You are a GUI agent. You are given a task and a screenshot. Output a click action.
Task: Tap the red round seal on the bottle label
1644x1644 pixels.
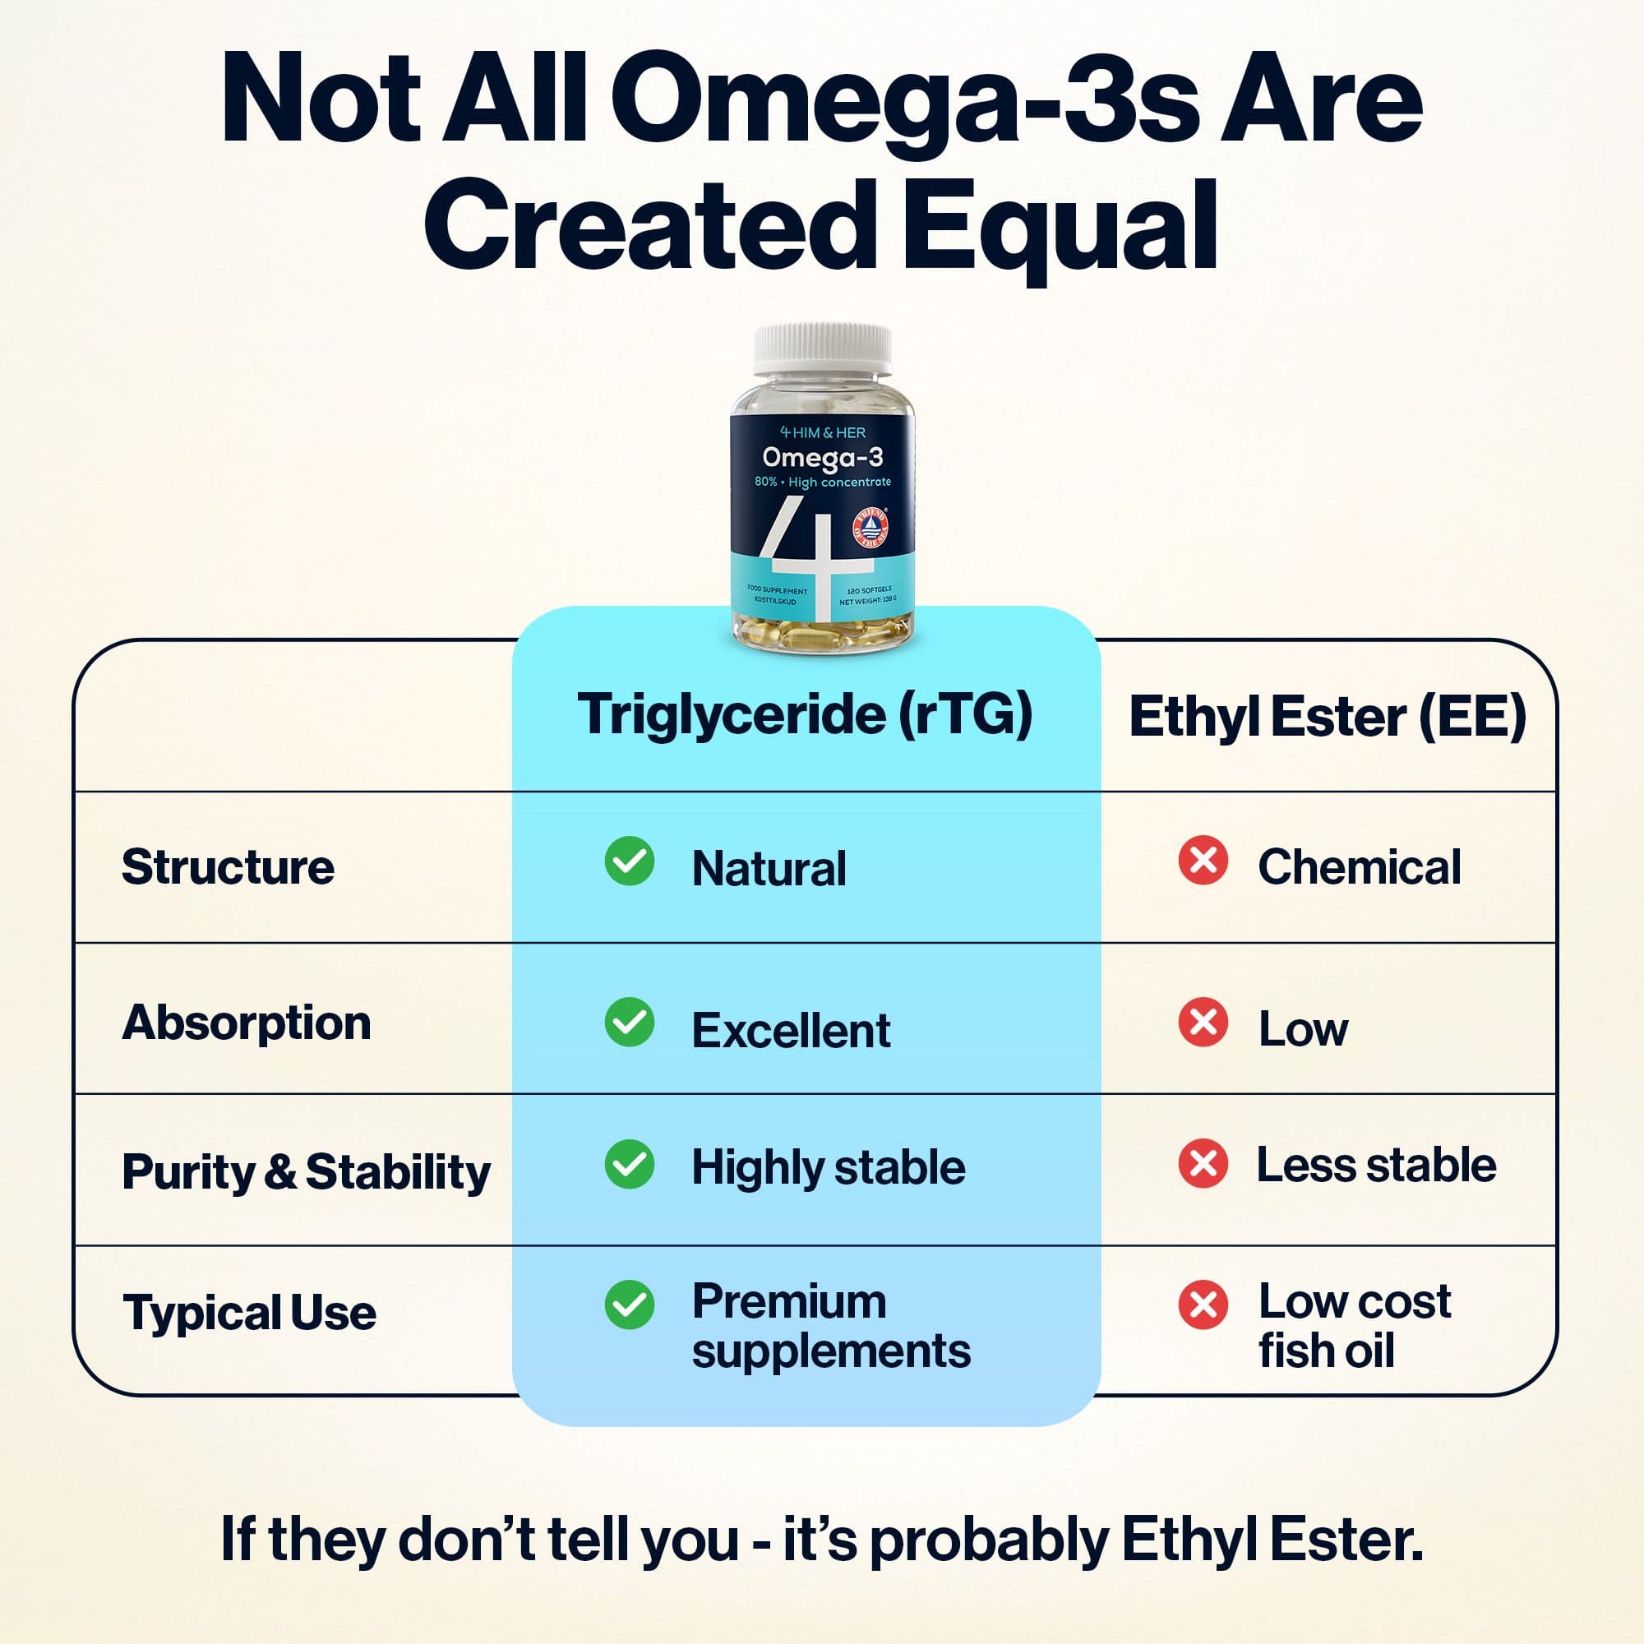870,526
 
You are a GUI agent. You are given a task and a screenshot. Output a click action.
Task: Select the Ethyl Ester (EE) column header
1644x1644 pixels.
1327,717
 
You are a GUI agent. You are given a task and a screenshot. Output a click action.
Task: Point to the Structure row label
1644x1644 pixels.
228,867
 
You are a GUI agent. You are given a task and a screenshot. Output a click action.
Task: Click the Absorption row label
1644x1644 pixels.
247,1022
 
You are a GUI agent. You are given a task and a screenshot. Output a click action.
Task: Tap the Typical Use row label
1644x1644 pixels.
249,1312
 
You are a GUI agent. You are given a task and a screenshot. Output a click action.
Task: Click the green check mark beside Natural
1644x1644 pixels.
630,861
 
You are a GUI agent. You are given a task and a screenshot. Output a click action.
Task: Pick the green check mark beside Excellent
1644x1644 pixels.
630,1022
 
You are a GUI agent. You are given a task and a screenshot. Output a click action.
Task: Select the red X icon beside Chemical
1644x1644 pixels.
1203,861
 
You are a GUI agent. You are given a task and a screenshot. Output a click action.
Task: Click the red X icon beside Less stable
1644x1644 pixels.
1203,1163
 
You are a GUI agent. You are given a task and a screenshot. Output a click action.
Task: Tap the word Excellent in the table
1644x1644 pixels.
791,1031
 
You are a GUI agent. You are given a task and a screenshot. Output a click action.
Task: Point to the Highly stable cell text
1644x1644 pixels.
828,1166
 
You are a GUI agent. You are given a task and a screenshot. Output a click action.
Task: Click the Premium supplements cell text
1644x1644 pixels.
829,1326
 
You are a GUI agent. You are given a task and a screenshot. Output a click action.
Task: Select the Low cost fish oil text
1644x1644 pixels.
1353,1326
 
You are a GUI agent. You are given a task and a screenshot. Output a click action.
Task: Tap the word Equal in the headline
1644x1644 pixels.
1060,224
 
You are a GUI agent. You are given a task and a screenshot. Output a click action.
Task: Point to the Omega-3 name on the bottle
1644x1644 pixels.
822,458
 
